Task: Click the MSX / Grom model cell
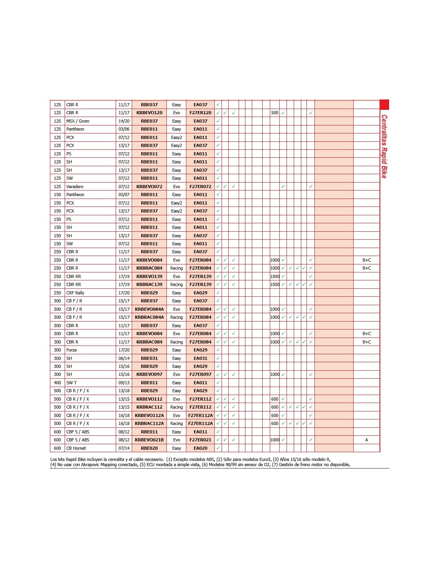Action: click(78, 121)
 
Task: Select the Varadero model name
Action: click(75, 187)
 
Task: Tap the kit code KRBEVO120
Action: click(149, 113)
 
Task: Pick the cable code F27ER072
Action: click(200, 187)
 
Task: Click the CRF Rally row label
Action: click(75, 293)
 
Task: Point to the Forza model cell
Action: click(71, 350)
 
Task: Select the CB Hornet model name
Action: click(76, 448)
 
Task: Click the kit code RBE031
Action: click(149, 358)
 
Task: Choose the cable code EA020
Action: click(200, 448)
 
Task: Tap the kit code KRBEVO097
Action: click(149, 375)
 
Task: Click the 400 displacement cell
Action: click(57, 383)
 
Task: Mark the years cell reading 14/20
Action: click(124, 121)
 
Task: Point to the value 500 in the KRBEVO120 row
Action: click(275, 113)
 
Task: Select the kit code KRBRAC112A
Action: click(149, 423)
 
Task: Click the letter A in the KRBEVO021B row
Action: click(366, 440)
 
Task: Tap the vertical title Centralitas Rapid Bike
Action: click(384, 146)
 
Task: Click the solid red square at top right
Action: click(384, 105)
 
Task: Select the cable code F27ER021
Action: click(200, 440)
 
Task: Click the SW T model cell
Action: click(71, 383)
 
